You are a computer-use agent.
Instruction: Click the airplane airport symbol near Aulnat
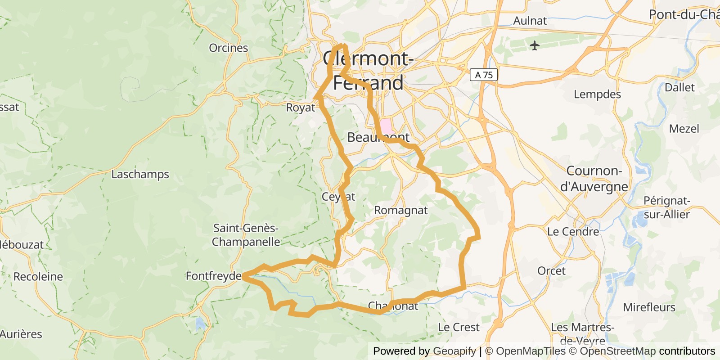[534, 45]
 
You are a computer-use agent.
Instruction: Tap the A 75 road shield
[484, 75]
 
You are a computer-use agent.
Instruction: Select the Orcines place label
[228, 48]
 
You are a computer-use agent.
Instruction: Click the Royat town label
[301, 108]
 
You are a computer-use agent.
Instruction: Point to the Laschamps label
[140, 174]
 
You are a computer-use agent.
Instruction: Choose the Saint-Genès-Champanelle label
[246, 235]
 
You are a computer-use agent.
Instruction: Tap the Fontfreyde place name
[214, 275]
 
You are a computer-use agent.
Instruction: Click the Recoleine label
[38, 276]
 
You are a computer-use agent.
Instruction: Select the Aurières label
[21, 334]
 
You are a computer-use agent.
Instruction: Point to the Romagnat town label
[400, 210]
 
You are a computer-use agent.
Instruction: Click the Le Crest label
[459, 327]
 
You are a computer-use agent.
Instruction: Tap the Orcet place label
[551, 270]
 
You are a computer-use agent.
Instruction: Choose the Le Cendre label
[573, 232]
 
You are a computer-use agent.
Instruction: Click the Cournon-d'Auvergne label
[594, 179]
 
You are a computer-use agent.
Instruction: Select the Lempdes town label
[597, 94]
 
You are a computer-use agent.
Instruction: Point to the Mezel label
[684, 129]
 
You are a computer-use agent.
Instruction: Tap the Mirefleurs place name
[649, 307]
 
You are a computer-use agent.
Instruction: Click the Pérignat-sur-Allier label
[666, 207]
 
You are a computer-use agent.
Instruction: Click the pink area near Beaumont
[386, 126]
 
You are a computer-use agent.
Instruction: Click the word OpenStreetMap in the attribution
[617, 351]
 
